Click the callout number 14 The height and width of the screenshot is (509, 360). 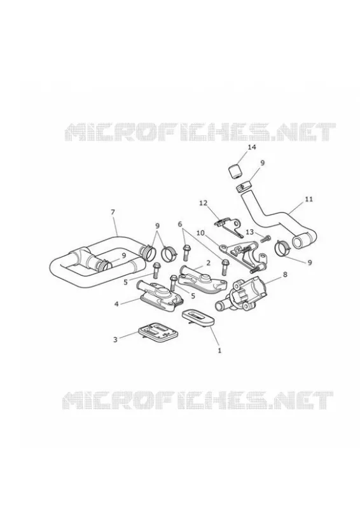[x=252, y=148]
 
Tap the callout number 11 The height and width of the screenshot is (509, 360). [x=308, y=199]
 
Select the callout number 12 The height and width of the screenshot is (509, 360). [x=203, y=203]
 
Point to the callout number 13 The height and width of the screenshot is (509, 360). [x=249, y=232]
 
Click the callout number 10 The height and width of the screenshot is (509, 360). [x=200, y=233]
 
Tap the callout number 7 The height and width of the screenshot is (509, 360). [x=113, y=212]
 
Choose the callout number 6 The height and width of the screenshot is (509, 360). [x=180, y=224]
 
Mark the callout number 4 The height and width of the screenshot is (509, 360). [x=116, y=304]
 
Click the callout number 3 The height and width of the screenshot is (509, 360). [x=115, y=340]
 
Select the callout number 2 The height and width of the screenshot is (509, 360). [x=208, y=262]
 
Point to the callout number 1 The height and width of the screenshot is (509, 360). [x=219, y=351]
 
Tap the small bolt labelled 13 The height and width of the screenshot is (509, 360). [x=265, y=240]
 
